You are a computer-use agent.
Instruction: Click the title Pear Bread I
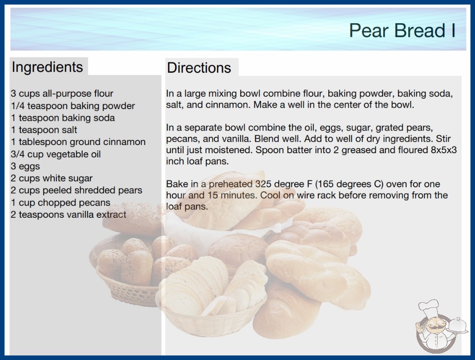pyautogui.click(x=402, y=30)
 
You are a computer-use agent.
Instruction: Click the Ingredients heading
pyautogui.click(x=47, y=67)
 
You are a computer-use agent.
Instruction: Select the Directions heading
pyautogui.click(x=199, y=68)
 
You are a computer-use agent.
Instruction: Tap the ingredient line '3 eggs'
pyautogui.click(x=25, y=166)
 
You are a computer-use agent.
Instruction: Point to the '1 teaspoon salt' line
pyautogui.click(x=44, y=130)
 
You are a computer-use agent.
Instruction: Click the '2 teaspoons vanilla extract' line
pyautogui.click(x=69, y=215)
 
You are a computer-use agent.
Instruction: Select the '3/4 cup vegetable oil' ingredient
pyautogui.click(x=56, y=154)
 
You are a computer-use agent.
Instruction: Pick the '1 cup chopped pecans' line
pyautogui.click(x=60, y=202)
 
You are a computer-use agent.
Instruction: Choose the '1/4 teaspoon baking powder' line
pyautogui.click(x=73, y=106)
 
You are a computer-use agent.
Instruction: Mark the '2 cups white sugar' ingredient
pyautogui.click(x=52, y=178)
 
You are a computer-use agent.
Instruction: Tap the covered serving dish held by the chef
pyautogui.click(x=458, y=326)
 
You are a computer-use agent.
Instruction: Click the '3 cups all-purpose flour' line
pyautogui.click(x=62, y=94)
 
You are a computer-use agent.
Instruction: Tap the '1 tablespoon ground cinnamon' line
pyautogui.click(x=78, y=142)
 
